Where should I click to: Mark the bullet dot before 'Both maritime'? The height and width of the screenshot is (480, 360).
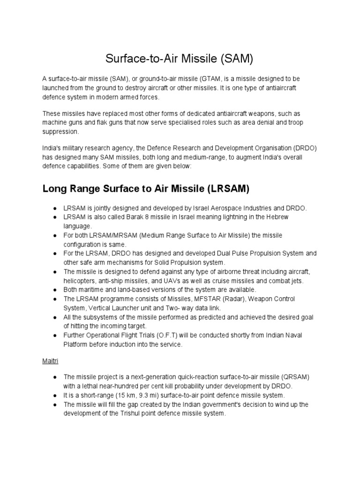click(x=55, y=290)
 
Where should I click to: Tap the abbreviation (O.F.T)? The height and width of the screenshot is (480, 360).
click(x=164, y=335)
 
